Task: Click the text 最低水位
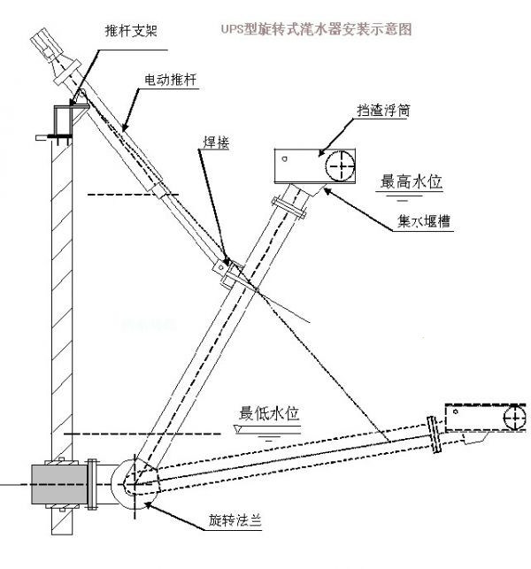point(271,413)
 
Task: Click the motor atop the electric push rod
point(50,44)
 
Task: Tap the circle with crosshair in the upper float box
point(339,165)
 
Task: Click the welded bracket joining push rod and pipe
point(227,270)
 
